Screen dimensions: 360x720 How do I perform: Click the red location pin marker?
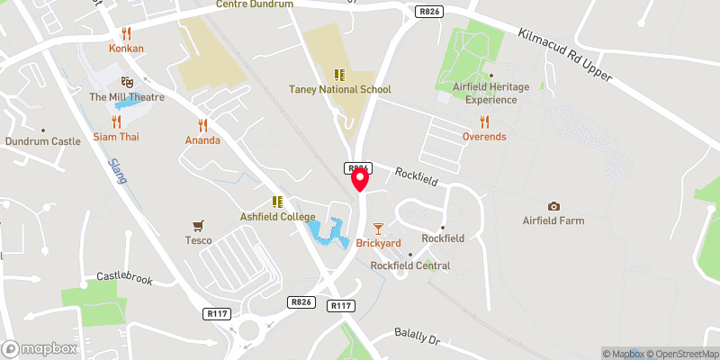360,179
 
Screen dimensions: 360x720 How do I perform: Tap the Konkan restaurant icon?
127,33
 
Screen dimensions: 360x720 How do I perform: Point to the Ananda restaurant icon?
202,125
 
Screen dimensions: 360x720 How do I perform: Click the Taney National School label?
339,89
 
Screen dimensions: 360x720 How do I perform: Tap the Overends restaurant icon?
484,121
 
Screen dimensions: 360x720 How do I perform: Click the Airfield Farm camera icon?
553,206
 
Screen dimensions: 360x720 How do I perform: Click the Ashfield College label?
277,217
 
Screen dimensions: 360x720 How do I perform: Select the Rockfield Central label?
410,265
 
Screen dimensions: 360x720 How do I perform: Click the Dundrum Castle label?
42,141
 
